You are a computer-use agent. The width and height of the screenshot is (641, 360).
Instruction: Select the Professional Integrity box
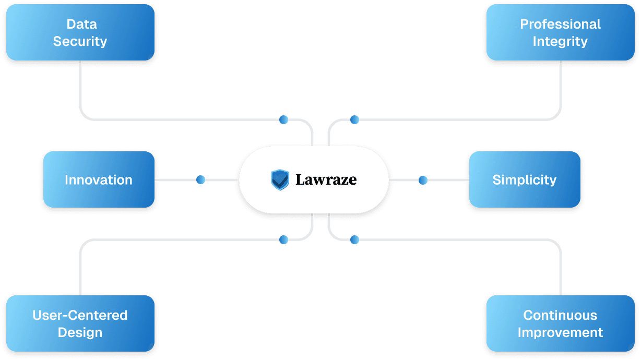pyautogui.click(x=560, y=32)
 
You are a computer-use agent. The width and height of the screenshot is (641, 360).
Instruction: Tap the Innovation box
pyautogui.click(x=99, y=180)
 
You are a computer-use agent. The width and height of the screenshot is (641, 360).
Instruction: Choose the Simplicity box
pyautogui.click(x=525, y=180)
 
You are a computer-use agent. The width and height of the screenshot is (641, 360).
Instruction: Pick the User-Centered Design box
pyautogui.click(x=80, y=323)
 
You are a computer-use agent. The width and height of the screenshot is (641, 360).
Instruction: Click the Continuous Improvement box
pyautogui.click(x=560, y=323)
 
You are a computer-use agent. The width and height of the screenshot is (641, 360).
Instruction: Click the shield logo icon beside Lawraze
pyautogui.click(x=280, y=179)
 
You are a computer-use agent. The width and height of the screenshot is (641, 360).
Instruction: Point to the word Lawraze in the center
pyautogui.click(x=326, y=180)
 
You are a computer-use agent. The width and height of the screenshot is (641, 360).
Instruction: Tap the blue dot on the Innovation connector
pyautogui.click(x=201, y=180)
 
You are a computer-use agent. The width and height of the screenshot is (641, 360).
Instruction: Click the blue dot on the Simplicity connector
pyautogui.click(x=423, y=180)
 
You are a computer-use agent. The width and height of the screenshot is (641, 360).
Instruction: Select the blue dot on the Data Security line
pyautogui.click(x=283, y=120)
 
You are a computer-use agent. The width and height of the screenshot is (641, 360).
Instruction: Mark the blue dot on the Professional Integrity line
pyautogui.click(x=354, y=120)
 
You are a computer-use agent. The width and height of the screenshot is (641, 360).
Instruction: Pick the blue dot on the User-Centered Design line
pyautogui.click(x=283, y=239)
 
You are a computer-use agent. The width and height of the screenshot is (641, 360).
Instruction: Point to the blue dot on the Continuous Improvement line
pyautogui.click(x=354, y=239)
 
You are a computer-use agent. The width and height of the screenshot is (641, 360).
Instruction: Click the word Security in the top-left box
pyautogui.click(x=80, y=41)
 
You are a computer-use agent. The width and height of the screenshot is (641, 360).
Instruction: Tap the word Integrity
pyautogui.click(x=560, y=41)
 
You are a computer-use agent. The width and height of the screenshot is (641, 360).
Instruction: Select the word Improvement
pyautogui.click(x=560, y=332)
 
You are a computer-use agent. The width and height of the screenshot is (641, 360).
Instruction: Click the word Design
pyautogui.click(x=80, y=332)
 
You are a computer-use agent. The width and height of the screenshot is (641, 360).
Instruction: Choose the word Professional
pyautogui.click(x=560, y=24)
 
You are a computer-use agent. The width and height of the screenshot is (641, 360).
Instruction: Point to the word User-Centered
pyautogui.click(x=80, y=315)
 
